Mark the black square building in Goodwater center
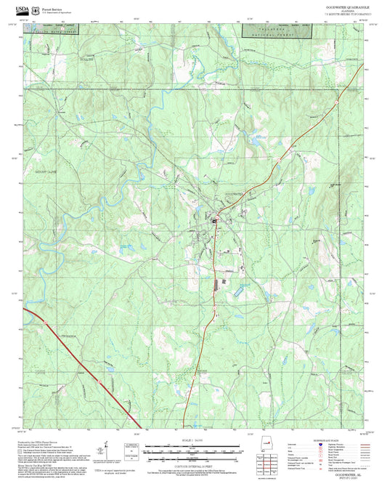tap(214, 220)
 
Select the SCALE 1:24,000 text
tap(193, 440)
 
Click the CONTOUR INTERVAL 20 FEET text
tap(193, 458)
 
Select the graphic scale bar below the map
tap(193, 446)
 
